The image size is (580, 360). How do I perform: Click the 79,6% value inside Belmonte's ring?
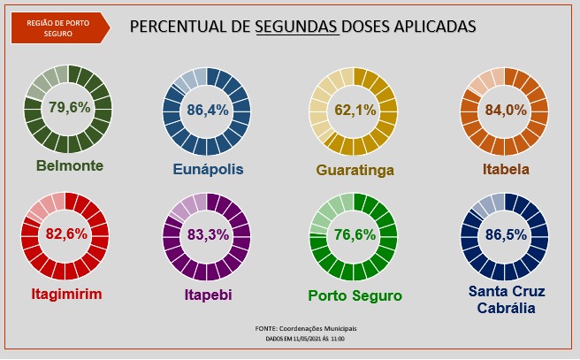[x=68, y=110]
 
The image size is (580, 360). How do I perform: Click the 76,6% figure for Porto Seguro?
[x=354, y=235]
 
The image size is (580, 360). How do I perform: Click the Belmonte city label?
[x=71, y=165]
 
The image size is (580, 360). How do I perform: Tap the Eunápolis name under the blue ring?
[x=208, y=169]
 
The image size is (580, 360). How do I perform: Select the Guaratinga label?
[x=355, y=169]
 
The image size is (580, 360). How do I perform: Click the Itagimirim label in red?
[x=64, y=294]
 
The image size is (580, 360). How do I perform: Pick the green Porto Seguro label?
[x=355, y=295]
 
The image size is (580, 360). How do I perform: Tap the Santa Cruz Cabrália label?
[x=506, y=300]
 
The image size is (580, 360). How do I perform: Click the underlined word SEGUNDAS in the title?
[x=297, y=27]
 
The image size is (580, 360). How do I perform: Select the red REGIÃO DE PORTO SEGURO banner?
[x=57, y=29]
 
